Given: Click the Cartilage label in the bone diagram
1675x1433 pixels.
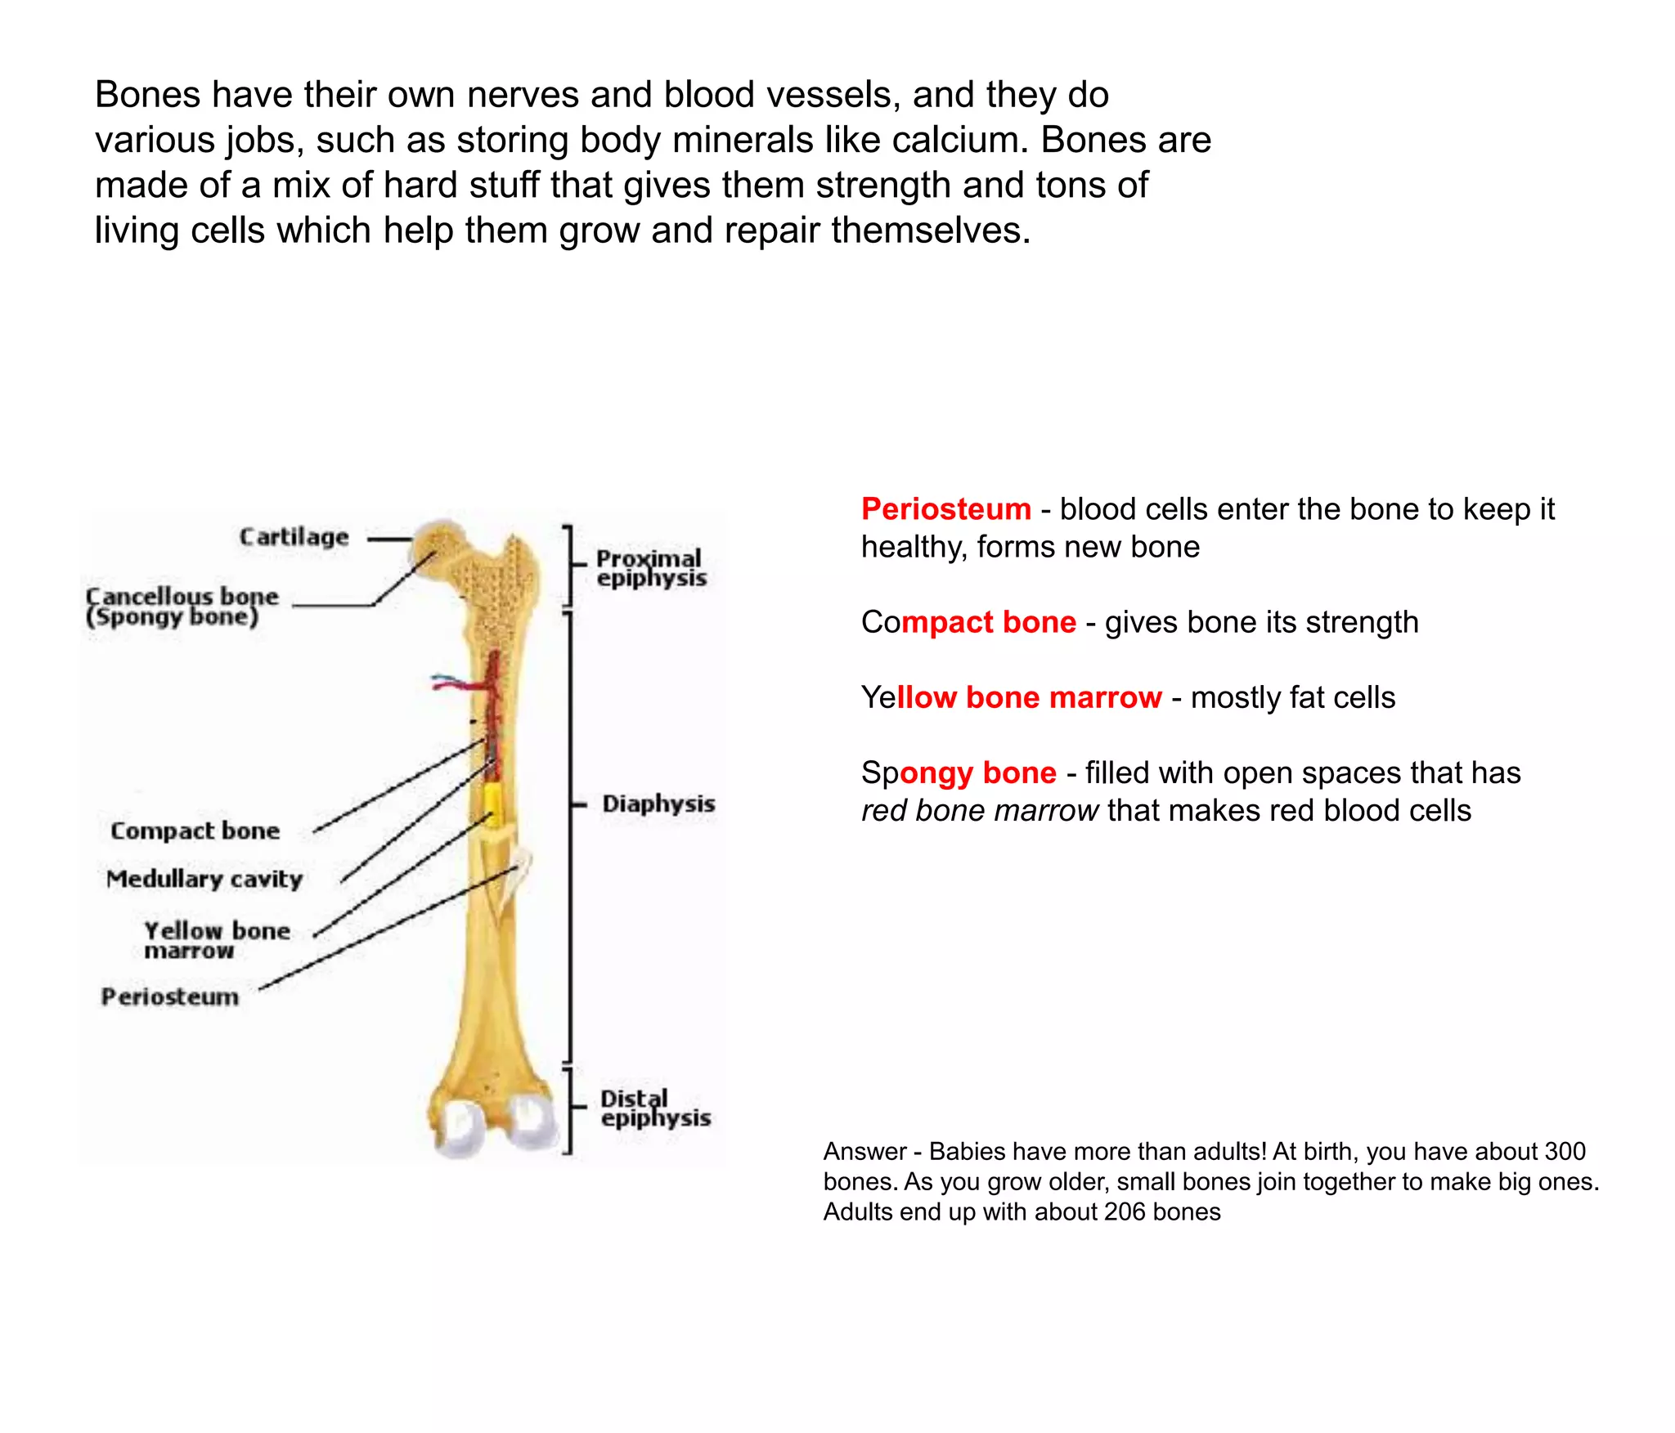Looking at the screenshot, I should click(294, 537).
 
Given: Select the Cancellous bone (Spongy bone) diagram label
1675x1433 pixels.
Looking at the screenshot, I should click(182, 607).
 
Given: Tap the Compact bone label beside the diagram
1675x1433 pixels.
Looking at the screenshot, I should click(195, 831).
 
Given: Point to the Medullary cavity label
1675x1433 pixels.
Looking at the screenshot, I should click(204, 879).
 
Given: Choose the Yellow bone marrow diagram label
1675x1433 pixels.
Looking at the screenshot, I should click(217, 940).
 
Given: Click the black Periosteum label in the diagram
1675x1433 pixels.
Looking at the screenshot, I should click(170, 996).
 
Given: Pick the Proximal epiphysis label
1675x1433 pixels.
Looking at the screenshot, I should click(650, 568).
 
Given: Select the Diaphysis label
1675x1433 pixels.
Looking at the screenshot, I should click(658, 804).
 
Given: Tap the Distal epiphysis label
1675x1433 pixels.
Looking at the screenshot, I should click(655, 1108).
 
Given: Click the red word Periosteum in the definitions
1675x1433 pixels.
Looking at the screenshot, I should click(946, 509).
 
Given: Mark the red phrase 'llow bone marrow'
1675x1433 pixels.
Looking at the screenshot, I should click(1029, 697).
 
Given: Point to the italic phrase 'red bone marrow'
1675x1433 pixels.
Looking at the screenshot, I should click(979, 810).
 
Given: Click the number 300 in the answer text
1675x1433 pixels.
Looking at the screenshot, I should click(1563, 1151).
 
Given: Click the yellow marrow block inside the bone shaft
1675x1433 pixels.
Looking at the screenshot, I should click(492, 804).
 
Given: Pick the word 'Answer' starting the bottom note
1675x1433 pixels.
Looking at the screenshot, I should click(864, 1151).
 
